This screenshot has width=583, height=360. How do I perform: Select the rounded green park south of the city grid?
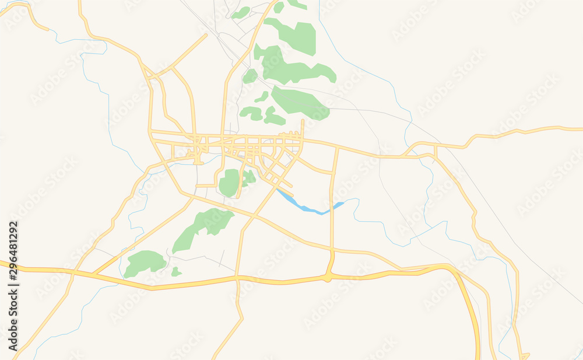(x=230, y=183)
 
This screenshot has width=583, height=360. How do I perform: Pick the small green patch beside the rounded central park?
(x=250, y=177)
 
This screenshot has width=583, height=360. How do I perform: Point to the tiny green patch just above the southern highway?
(x=175, y=272)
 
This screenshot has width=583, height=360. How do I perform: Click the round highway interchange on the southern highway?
(x=328, y=275)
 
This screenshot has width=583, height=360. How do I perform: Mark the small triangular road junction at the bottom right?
(x=525, y=356)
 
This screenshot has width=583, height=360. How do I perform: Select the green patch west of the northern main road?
(x=250, y=76)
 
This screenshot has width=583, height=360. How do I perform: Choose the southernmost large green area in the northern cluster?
(x=299, y=102)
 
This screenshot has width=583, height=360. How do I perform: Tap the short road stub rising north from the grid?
(x=303, y=128)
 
